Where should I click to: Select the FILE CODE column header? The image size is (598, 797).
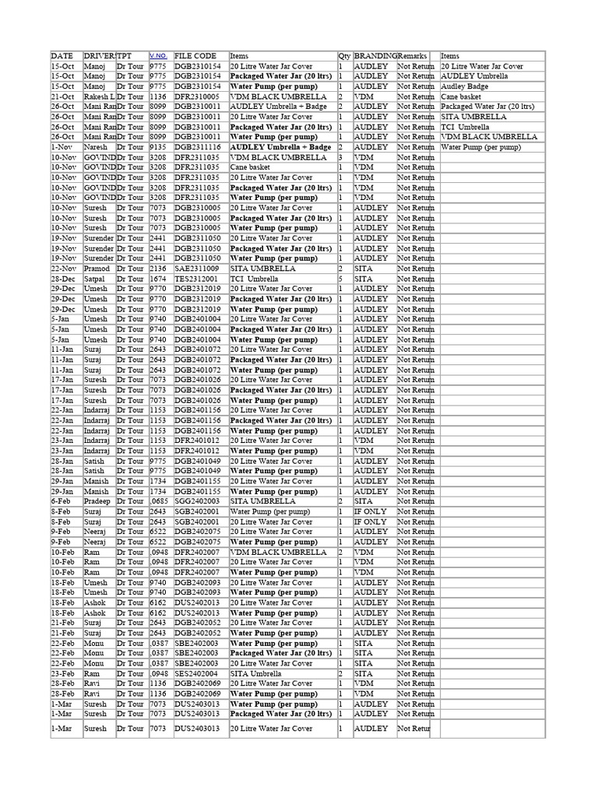click(x=195, y=56)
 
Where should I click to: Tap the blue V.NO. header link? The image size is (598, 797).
click(x=157, y=56)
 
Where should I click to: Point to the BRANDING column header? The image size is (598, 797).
click(x=375, y=56)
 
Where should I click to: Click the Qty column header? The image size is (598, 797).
click(x=344, y=56)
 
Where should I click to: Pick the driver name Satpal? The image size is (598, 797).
click(x=95, y=279)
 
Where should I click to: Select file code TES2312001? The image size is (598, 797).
click(x=196, y=279)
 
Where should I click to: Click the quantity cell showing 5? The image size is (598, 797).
click(x=341, y=279)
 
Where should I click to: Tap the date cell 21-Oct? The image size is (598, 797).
click(x=62, y=97)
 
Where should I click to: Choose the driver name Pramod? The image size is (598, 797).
click(x=97, y=269)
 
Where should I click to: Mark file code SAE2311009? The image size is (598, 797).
click(x=196, y=269)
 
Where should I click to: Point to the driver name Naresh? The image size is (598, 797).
click(x=96, y=147)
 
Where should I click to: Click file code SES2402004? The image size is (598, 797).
click(x=196, y=674)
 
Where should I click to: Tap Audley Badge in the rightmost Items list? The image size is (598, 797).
click(x=464, y=86)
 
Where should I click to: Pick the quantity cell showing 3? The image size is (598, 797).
click(x=341, y=157)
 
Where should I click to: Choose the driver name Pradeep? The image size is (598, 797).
click(x=98, y=502)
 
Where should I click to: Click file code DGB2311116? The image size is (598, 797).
click(x=198, y=147)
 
